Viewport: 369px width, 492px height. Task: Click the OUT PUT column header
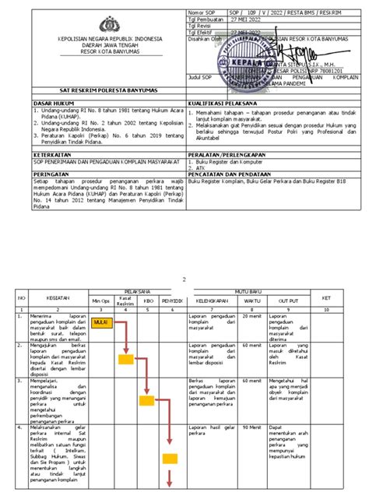pyautogui.click(x=289, y=298)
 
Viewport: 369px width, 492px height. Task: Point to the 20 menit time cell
pyautogui.click(x=251, y=316)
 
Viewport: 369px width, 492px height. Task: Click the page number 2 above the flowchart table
pyautogui.click(x=184, y=277)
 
